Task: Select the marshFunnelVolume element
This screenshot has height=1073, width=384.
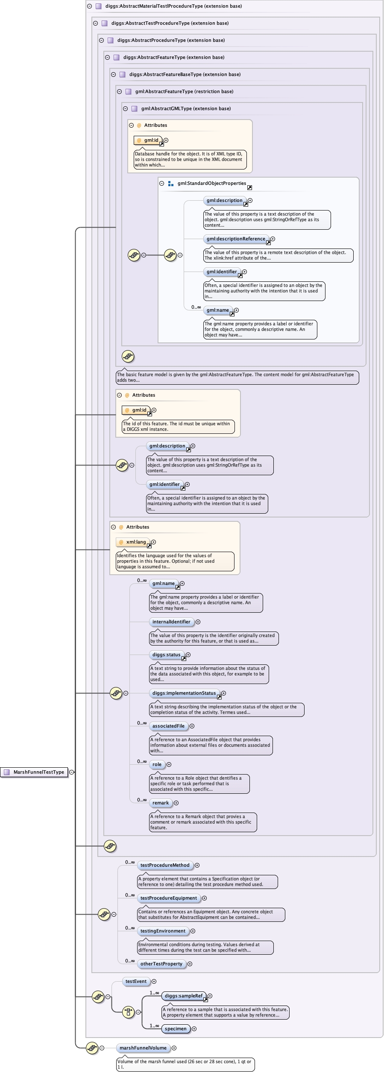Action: tap(143, 1048)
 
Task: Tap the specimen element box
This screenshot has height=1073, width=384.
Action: tap(176, 1029)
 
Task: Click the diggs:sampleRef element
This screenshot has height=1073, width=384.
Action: tap(184, 996)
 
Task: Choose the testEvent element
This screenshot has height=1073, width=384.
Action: tap(136, 981)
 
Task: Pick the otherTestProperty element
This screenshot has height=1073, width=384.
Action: tap(161, 964)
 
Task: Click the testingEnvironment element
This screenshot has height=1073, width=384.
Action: tap(163, 931)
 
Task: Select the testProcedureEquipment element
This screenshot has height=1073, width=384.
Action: tap(169, 898)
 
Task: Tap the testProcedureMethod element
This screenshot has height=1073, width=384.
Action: tap(165, 865)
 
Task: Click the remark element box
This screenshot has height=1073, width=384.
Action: tap(161, 803)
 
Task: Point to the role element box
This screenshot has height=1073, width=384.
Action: tap(157, 764)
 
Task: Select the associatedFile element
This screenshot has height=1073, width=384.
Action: tap(168, 726)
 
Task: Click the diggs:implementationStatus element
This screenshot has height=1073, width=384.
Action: tap(184, 693)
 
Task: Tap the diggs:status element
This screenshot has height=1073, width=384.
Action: tap(166, 655)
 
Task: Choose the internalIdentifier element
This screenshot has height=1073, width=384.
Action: tap(171, 622)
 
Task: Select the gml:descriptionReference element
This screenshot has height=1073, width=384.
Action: tap(236, 239)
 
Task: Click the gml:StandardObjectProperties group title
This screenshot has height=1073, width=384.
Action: tap(212, 183)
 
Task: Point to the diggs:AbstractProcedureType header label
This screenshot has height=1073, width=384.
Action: tap(171, 40)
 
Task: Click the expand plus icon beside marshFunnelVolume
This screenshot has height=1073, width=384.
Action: tap(174, 1048)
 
